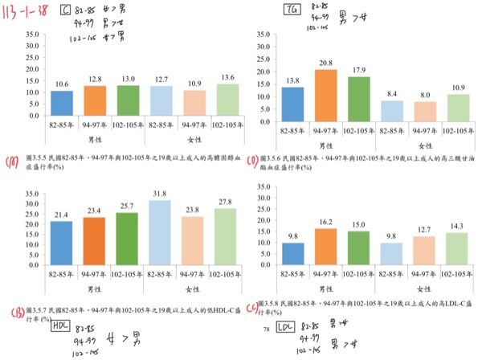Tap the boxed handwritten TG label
[292, 9]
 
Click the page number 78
[267, 329]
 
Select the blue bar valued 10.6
[63, 103]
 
